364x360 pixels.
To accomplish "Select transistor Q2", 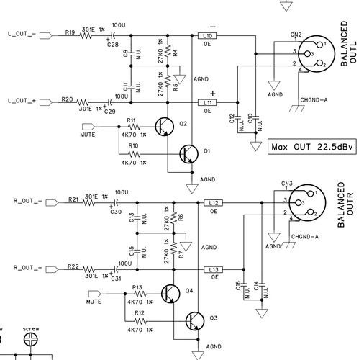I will (x=167, y=127).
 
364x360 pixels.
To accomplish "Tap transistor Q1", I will (x=188, y=153).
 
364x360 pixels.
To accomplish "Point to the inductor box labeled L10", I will (x=208, y=35).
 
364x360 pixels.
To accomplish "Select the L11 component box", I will (x=208, y=102).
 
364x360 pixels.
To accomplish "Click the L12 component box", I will (x=213, y=202).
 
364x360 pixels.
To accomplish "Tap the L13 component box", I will (x=213, y=269).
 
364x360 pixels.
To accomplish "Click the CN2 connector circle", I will (x=311, y=55).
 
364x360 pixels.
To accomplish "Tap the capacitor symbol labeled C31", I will (x=116, y=269).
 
